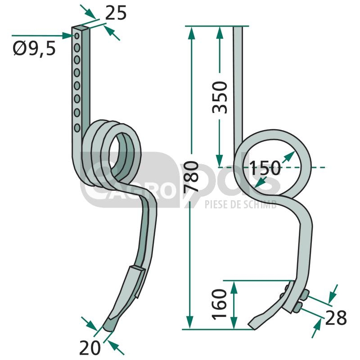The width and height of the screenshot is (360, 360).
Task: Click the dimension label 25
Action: (116, 13)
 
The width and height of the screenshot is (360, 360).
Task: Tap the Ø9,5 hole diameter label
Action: (34, 49)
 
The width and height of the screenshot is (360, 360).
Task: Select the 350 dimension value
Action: (220, 97)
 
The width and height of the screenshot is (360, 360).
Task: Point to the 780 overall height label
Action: (191, 176)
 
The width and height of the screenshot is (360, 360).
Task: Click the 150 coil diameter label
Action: (265, 168)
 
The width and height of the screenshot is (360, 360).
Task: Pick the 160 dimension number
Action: (219, 305)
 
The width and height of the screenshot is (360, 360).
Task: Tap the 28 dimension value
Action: (336, 318)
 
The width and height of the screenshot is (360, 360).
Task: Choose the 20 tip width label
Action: (90, 348)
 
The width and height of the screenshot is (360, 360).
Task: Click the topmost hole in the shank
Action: (76, 36)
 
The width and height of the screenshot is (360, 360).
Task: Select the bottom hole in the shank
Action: (77, 128)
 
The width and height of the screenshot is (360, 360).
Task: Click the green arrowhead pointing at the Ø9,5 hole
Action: (68, 36)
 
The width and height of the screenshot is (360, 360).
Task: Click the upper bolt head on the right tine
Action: (305, 294)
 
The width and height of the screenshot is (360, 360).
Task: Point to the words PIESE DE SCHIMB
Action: (241, 204)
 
